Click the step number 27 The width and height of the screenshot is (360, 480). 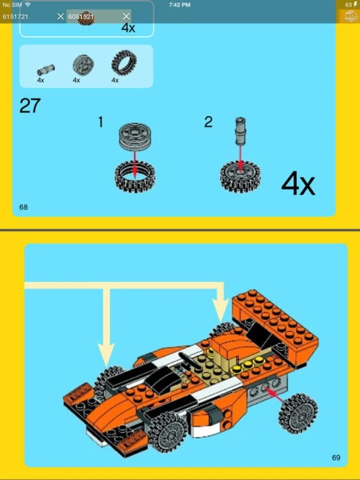(x=30, y=106)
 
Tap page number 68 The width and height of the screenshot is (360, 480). (x=24, y=207)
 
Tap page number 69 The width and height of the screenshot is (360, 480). (x=336, y=457)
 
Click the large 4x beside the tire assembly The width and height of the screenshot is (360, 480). (x=298, y=184)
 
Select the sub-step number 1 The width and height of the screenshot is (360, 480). (x=100, y=122)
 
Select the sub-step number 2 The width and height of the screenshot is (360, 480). (x=208, y=122)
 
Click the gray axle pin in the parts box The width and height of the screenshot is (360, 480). (x=45, y=69)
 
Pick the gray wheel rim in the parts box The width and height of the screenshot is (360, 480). (x=83, y=65)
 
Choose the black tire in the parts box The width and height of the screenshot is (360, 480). (x=124, y=63)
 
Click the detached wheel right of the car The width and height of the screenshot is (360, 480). (x=298, y=413)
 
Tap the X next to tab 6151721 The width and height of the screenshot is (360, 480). (x=61, y=16)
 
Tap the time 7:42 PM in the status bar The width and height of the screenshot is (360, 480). (x=180, y=4)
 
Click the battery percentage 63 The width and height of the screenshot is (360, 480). (x=348, y=4)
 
